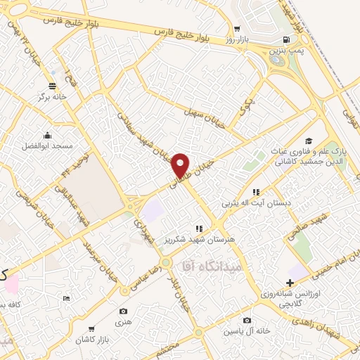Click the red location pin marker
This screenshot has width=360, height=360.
coord(181,165)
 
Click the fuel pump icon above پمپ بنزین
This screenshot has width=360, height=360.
coord(285,40)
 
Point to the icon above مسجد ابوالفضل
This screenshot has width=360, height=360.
coord(47,136)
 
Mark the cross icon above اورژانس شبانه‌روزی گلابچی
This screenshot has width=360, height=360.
coord(289,283)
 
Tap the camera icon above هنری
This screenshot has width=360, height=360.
coord(124,311)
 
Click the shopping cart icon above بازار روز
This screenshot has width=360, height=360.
coord(238,28)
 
